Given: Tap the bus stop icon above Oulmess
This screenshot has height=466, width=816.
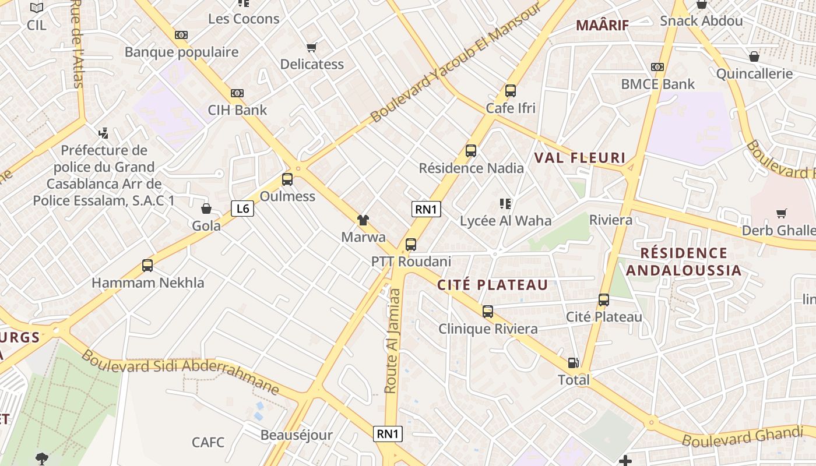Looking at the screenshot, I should pyautogui.click(x=287, y=179).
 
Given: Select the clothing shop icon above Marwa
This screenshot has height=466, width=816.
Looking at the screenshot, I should pyautogui.click(x=363, y=220).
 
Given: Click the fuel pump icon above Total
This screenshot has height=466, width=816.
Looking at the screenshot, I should pyautogui.click(x=574, y=363).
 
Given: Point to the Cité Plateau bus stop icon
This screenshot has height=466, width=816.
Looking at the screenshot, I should pyautogui.click(x=604, y=300).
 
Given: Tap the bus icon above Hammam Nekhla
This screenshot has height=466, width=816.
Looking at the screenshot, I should pyautogui.click(x=147, y=266).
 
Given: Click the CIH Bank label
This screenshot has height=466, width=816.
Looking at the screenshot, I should pyautogui.click(x=237, y=110).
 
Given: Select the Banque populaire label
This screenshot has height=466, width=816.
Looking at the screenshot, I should pyautogui.click(x=181, y=52).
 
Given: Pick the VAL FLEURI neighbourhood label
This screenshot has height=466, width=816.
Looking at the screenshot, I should pyautogui.click(x=580, y=158).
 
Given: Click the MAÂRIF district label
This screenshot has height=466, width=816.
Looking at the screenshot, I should pyautogui.click(x=603, y=25).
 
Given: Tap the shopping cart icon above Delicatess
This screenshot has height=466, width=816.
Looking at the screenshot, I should pyautogui.click(x=312, y=47).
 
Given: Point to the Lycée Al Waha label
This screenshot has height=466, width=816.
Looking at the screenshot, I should pyautogui.click(x=505, y=221).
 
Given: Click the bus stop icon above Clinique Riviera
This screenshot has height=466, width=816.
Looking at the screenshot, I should pyautogui.click(x=488, y=312).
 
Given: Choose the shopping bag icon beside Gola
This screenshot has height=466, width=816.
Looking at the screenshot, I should pyautogui.click(x=206, y=209).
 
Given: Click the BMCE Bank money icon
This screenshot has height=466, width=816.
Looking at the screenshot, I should pyautogui.click(x=657, y=67).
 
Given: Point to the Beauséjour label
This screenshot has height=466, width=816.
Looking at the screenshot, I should pyautogui.click(x=296, y=435).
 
